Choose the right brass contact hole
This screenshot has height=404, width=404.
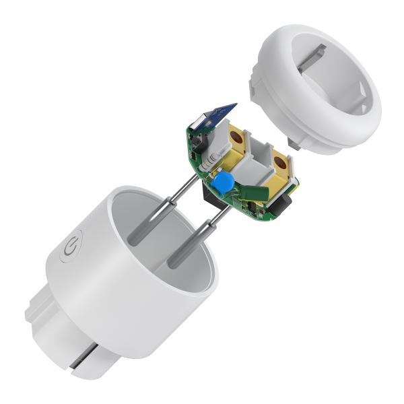[280, 162]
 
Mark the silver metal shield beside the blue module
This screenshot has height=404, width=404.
[199, 125]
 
